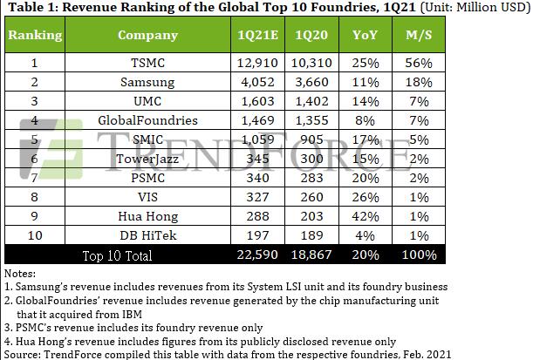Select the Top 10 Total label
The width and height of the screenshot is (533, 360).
[x=117, y=255]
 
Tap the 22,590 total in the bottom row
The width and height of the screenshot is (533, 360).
[x=258, y=255]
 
